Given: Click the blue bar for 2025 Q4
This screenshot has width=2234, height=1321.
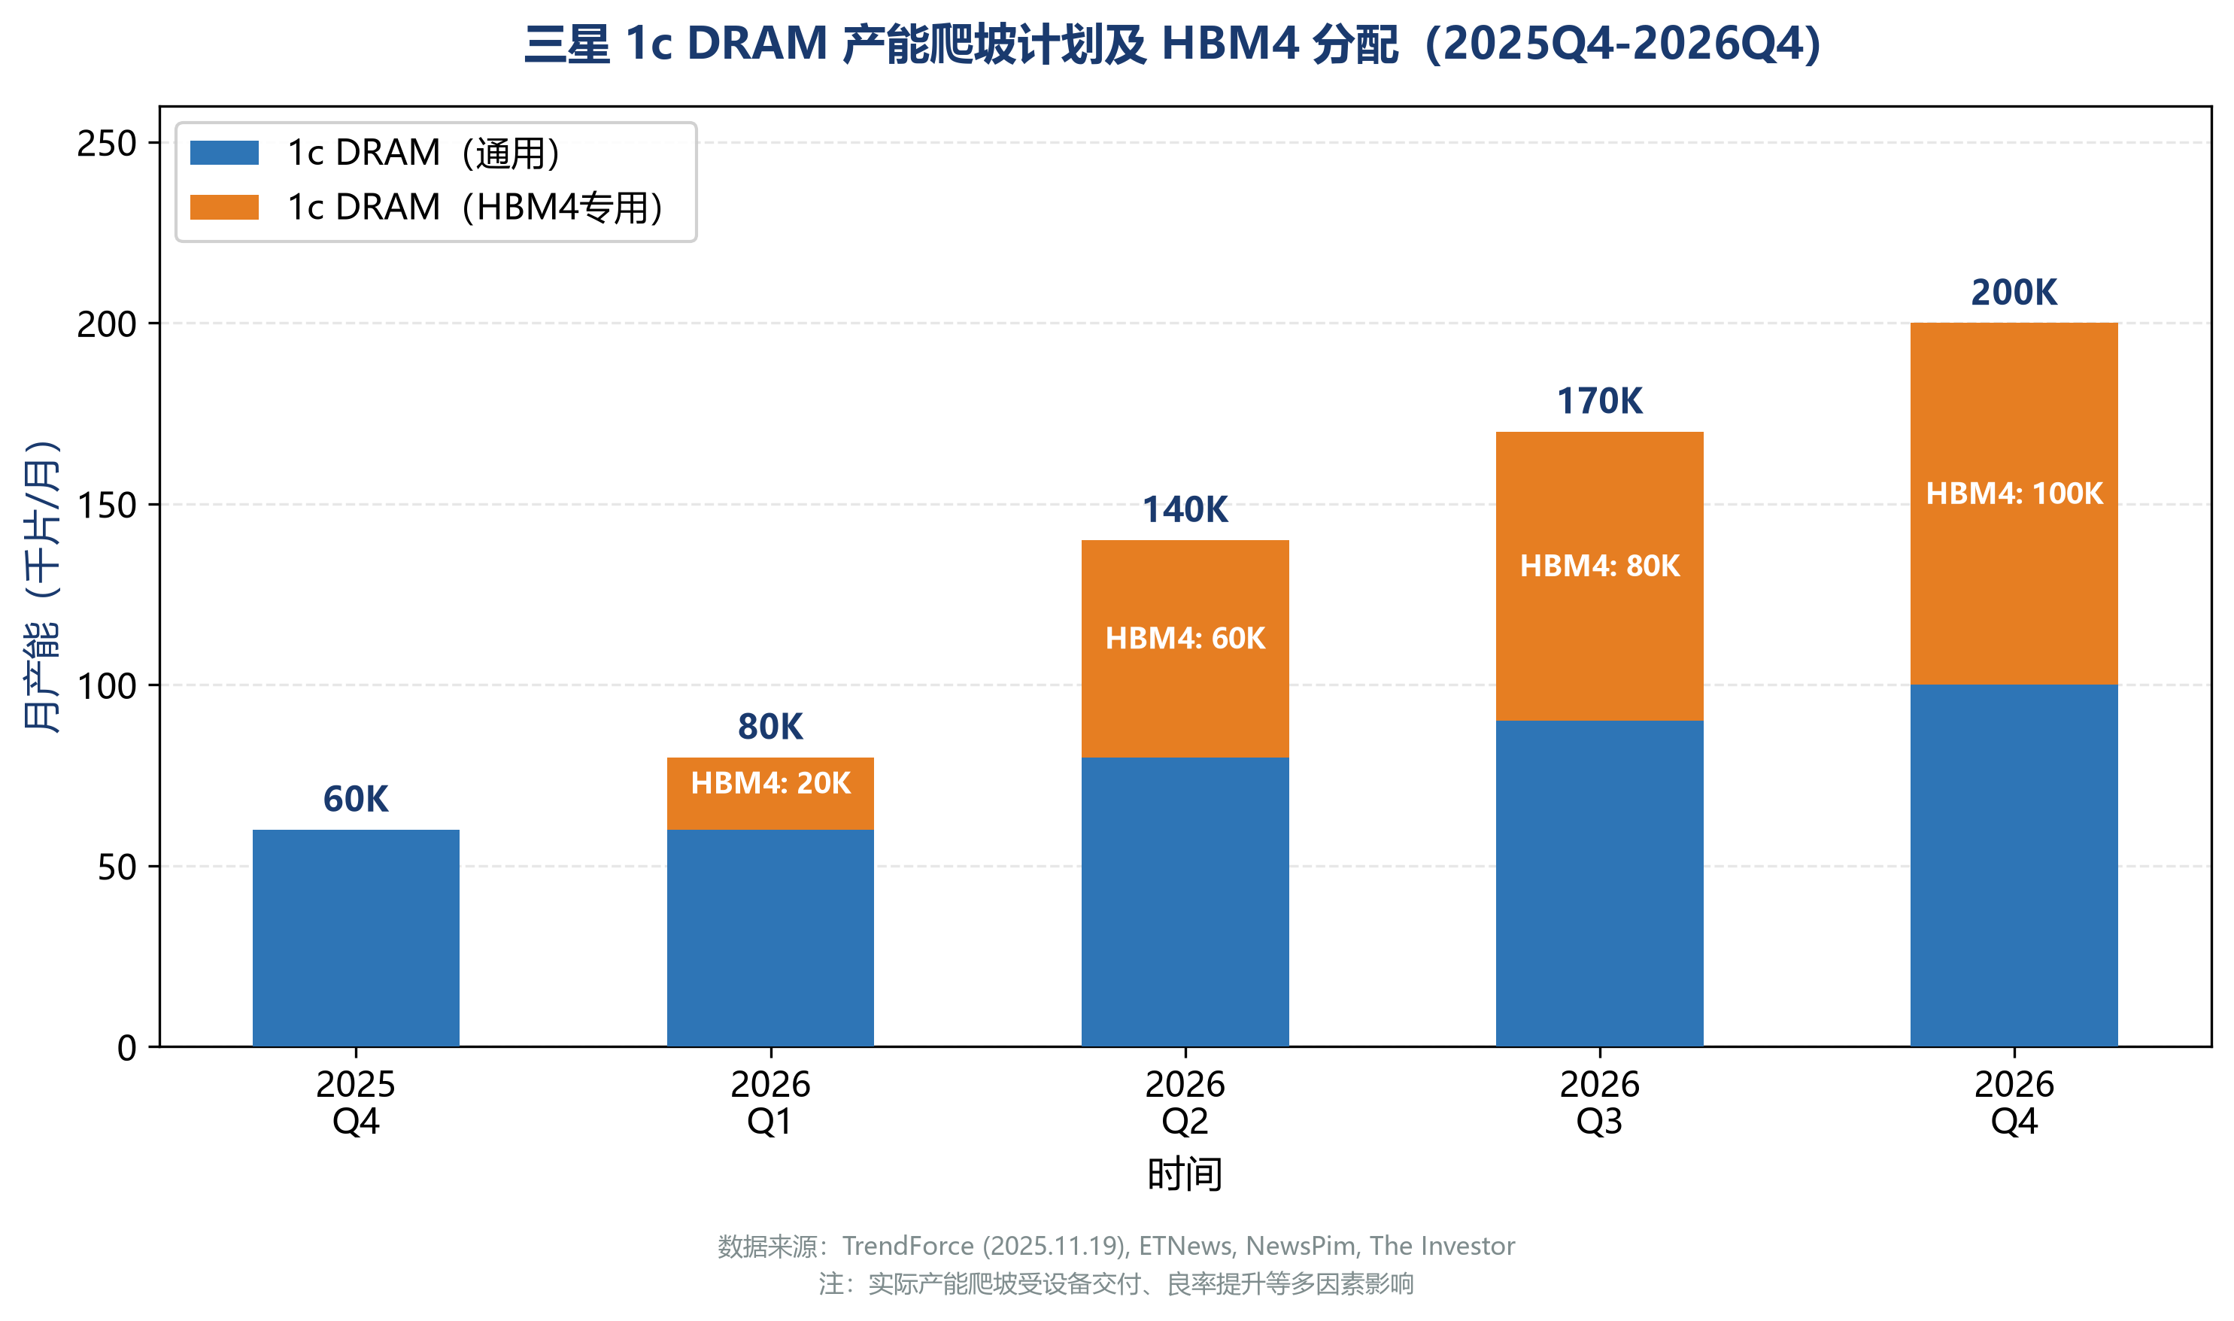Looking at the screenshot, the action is coord(356,937).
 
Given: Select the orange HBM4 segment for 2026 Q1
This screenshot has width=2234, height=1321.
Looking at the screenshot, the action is coord(771,793).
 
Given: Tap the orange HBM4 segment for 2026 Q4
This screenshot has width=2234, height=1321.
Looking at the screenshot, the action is coord(2014,504).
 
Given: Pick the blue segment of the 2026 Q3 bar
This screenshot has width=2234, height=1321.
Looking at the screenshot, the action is coord(1599,883).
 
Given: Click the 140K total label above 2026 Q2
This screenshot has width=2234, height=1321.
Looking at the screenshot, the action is coord(1185,510).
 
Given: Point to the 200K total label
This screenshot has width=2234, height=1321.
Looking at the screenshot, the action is coord(2014,293).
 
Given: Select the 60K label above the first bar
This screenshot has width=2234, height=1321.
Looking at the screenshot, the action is coord(356,800).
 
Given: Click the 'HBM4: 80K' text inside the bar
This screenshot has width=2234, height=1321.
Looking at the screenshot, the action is coord(1599,566).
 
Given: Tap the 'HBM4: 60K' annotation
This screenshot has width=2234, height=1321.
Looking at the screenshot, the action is coord(1185,638).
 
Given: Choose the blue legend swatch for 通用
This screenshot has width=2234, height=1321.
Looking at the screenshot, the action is coord(224,153).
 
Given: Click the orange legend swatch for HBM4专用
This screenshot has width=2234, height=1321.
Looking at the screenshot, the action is coord(224,208).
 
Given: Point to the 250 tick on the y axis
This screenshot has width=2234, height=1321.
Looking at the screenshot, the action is coord(107,144).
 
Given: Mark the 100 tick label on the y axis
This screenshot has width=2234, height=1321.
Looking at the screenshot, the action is coord(107,686).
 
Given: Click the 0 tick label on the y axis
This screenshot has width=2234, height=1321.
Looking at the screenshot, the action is coord(127,1048).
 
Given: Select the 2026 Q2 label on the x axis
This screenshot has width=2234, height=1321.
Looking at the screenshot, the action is coord(1185,1103).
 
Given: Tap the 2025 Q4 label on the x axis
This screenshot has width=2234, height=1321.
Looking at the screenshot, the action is coord(356,1103).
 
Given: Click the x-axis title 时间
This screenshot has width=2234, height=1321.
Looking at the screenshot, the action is coord(1185,1174).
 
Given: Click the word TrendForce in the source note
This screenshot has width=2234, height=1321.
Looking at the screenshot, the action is coord(908,1245).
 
